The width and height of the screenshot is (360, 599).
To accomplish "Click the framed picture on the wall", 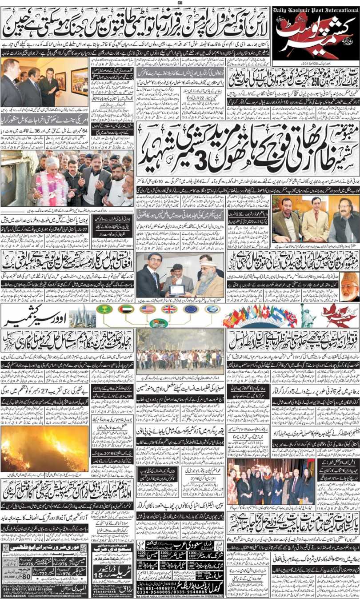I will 80,81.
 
